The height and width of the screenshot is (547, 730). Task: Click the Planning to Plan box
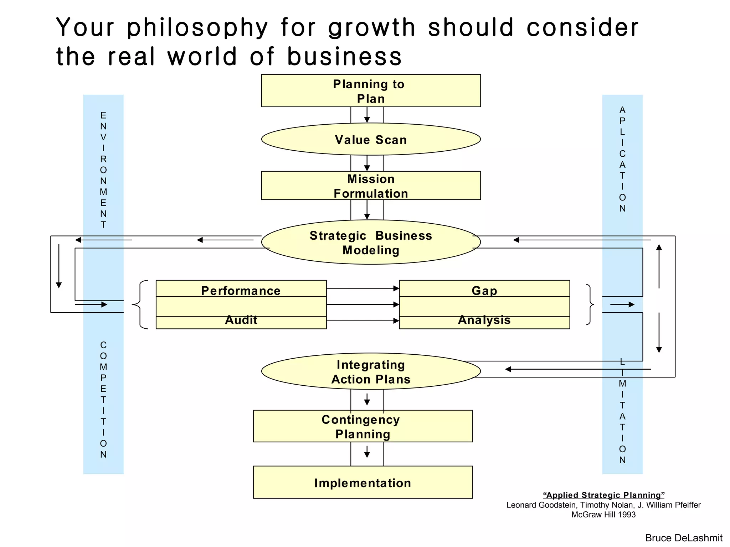click(371, 91)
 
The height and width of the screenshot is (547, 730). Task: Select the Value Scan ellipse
click(371, 139)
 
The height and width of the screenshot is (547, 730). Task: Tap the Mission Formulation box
click(371, 186)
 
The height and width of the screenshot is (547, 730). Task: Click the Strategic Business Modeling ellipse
click(371, 242)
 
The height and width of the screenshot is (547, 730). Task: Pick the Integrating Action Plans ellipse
click(371, 371)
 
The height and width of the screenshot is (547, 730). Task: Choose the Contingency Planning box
click(363, 426)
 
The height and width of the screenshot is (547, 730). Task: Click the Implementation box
click(363, 483)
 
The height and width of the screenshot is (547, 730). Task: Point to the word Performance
click(241, 291)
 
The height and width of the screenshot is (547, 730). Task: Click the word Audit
click(241, 320)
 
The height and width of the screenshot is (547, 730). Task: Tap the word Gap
click(484, 291)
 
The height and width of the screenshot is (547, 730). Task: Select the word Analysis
click(484, 320)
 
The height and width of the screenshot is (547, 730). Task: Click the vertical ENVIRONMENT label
click(103, 170)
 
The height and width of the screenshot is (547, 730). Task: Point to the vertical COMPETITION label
click(103, 400)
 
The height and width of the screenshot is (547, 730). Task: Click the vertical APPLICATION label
click(622, 159)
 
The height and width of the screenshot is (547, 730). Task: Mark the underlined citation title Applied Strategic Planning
click(603, 495)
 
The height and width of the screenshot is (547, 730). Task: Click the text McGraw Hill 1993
click(603, 515)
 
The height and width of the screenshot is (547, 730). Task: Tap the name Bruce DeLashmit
click(683, 538)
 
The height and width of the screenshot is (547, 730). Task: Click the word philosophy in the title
click(197, 28)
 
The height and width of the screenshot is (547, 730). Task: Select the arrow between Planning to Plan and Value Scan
click(367, 115)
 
